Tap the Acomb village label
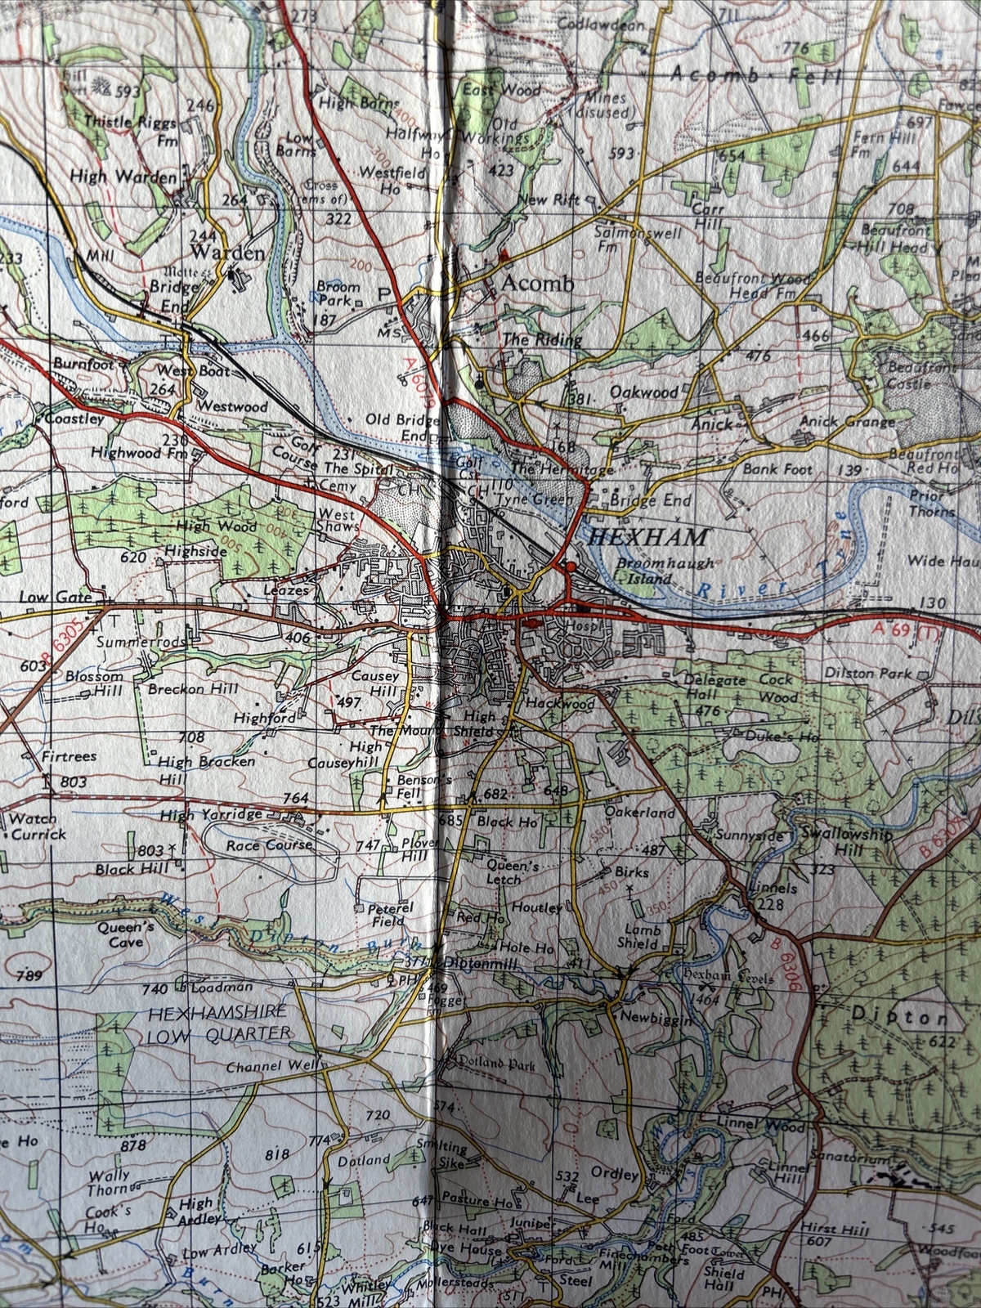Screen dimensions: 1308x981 click(x=538, y=284)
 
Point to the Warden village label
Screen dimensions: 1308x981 click(x=228, y=253)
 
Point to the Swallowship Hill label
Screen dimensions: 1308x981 click(x=845, y=843)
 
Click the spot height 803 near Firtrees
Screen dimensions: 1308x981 click(x=73, y=782)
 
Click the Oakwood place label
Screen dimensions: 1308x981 click(x=644, y=392)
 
